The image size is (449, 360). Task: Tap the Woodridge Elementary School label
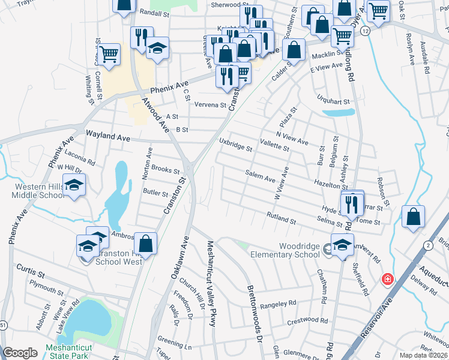(x=300, y=250)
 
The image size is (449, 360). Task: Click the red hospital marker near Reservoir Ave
(x=388, y=280)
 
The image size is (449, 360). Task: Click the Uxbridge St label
(x=235, y=146)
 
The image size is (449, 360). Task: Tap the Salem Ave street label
(x=260, y=176)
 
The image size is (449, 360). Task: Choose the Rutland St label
(x=282, y=218)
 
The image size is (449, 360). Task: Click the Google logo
(x=20, y=353)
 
